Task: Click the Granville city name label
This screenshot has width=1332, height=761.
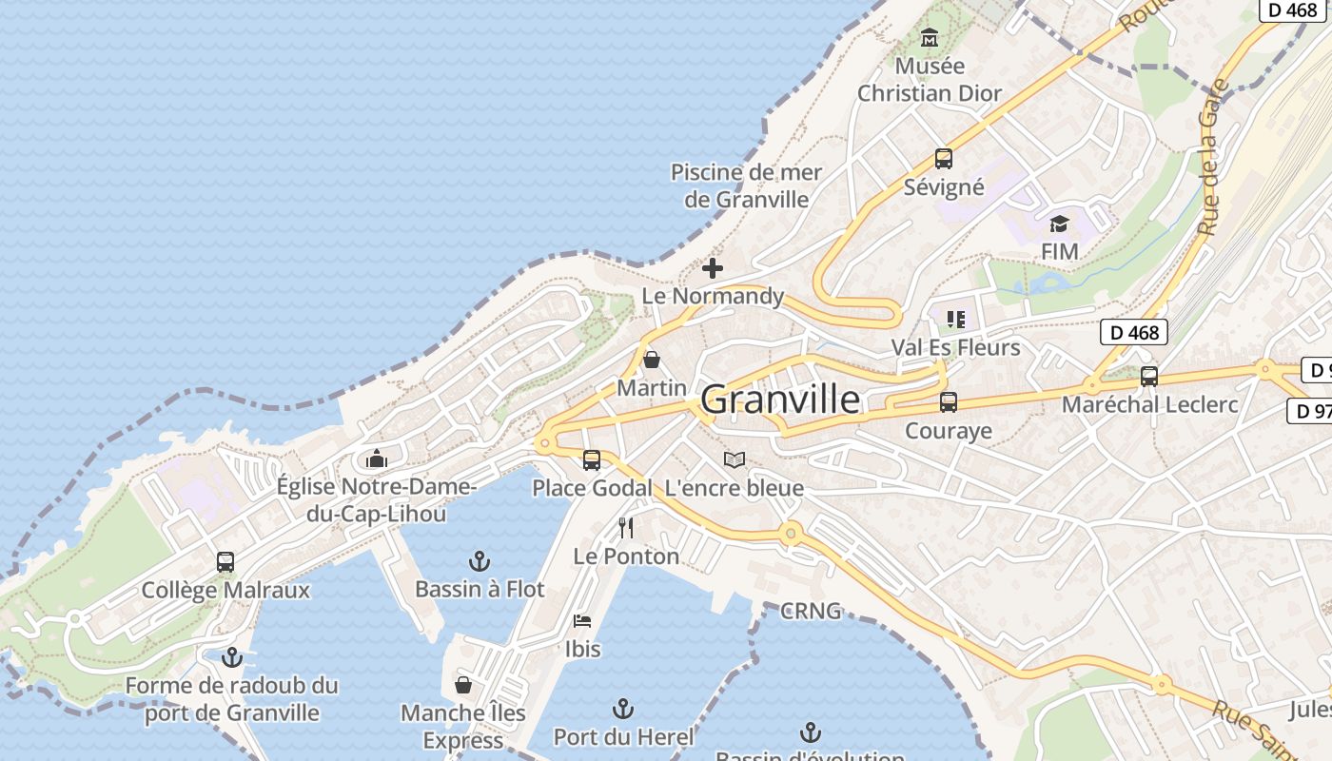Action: [780, 400]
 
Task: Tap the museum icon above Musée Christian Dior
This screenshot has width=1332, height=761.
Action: [930, 38]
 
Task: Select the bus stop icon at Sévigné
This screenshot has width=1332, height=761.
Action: [943, 159]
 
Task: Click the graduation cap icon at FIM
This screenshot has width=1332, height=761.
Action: [1059, 224]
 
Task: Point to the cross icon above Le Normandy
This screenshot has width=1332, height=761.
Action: [712, 268]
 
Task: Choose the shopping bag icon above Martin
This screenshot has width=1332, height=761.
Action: [652, 360]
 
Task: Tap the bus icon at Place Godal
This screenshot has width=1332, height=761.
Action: [592, 460]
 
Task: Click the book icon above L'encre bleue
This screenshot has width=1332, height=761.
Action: [734, 460]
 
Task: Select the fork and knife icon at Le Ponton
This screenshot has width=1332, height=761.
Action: [625, 528]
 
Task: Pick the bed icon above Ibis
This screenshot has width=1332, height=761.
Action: [582, 621]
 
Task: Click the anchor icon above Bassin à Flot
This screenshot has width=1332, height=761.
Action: [480, 561]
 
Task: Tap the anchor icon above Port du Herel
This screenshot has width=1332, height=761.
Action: [622, 709]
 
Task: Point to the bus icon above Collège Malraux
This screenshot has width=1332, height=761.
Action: [225, 562]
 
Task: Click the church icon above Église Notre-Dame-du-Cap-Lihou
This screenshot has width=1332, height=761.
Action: [377, 459]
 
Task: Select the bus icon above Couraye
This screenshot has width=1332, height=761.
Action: [948, 402]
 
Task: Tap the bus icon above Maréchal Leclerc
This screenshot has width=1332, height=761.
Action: [1149, 377]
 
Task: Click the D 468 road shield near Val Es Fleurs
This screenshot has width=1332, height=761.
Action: [1134, 332]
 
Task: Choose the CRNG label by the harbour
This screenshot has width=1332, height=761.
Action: [811, 611]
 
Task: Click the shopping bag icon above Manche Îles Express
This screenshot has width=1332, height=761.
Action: [463, 685]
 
